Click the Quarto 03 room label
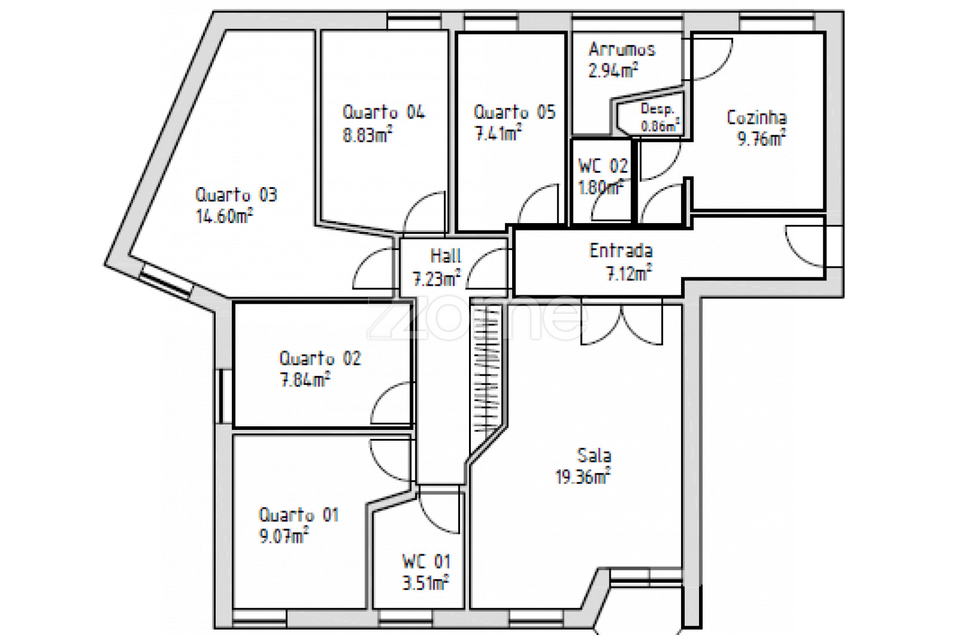[x=237, y=195]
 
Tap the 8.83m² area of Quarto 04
[x=367, y=135]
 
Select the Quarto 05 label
[x=514, y=112]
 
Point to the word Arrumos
[x=622, y=50]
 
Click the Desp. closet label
[x=657, y=109]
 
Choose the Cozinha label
[x=756, y=117]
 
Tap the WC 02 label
[x=603, y=166]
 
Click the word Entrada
[x=621, y=251]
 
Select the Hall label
[x=446, y=256]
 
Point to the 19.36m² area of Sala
[x=583, y=476]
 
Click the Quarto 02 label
[x=320, y=358]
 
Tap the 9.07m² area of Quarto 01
[x=284, y=536]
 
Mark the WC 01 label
[x=427, y=561]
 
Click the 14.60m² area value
[x=225, y=216]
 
